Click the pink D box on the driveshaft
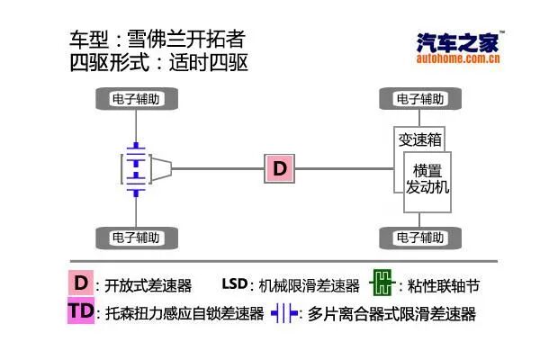[x=280, y=167]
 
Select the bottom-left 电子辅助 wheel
[x=136, y=238]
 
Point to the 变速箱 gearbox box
[x=419, y=139]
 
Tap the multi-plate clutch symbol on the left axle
[x=135, y=166]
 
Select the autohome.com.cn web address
[x=459, y=61]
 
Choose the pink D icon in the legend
[x=81, y=283]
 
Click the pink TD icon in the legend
[x=81, y=312]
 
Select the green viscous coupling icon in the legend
[x=382, y=284]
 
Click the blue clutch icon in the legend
[x=286, y=314]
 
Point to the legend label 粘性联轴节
[x=443, y=286]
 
